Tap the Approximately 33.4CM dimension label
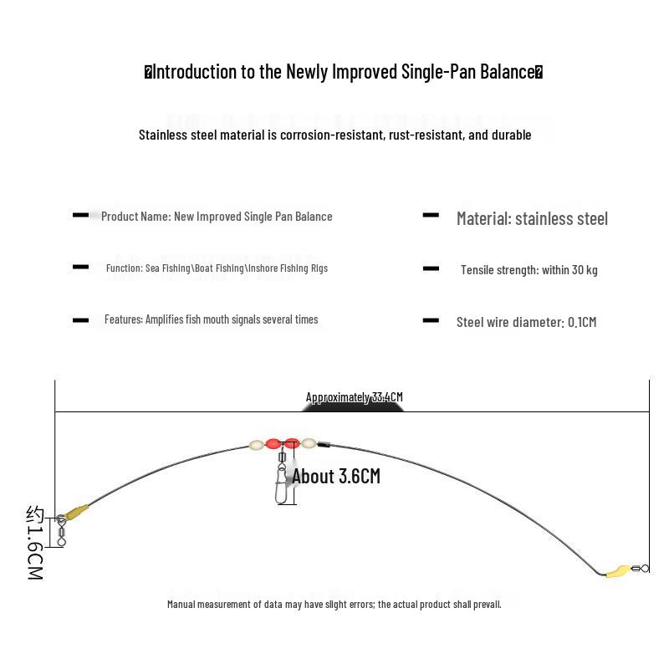(354, 397)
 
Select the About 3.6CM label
(336, 476)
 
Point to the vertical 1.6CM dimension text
(35, 543)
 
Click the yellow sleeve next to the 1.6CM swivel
(76, 512)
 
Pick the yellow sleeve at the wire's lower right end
(618, 570)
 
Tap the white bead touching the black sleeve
(309, 444)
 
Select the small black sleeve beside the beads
(324, 445)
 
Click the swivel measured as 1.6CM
(61, 531)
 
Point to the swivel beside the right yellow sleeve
(640, 569)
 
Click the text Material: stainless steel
(532, 218)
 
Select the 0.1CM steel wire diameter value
(582, 322)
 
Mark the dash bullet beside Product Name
(80, 215)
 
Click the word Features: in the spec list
(124, 319)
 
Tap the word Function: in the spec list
(125, 268)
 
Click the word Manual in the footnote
(181, 604)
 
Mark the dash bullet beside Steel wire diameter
(431, 320)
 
